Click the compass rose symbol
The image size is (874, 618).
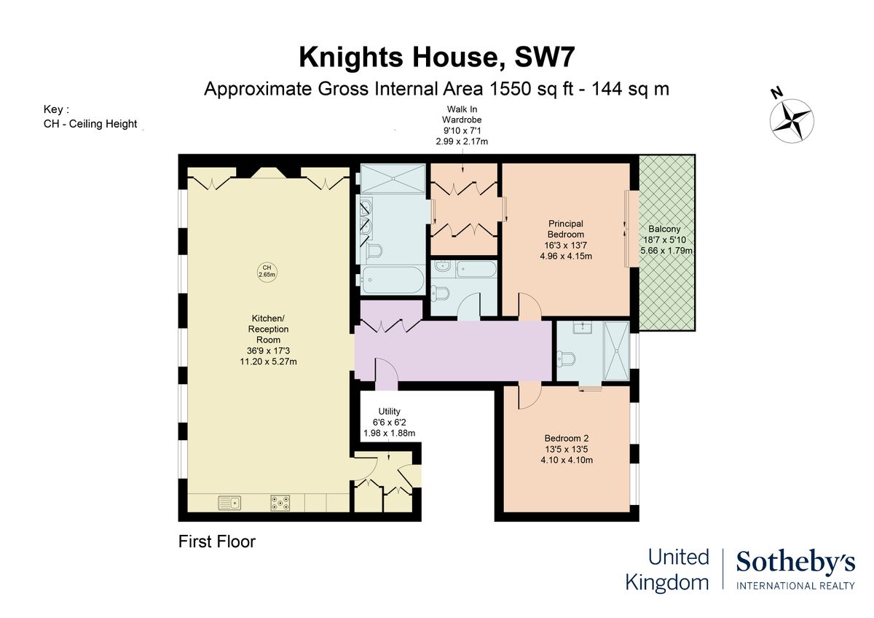[x=792, y=121]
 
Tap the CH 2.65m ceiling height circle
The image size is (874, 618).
[x=267, y=271]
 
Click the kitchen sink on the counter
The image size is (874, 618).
[x=229, y=503]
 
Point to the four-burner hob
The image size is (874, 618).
[x=280, y=503]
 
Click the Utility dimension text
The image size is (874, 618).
[x=390, y=428]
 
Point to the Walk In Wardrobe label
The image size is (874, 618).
[x=462, y=114]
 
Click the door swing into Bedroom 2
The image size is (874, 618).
[x=529, y=396]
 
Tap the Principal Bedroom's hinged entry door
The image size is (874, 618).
[x=529, y=307]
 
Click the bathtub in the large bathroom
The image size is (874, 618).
[x=393, y=280]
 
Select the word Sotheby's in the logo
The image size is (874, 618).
[x=795, y=562]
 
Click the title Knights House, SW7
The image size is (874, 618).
[x=437, y=57]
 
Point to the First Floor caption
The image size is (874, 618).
[x=217, y=541]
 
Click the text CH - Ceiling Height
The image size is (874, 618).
[x=90, y=124]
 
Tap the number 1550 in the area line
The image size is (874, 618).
[x=511, y=89]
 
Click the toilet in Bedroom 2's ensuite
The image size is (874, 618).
[x=566, y=359]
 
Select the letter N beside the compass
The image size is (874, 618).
[x=777, y=93]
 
